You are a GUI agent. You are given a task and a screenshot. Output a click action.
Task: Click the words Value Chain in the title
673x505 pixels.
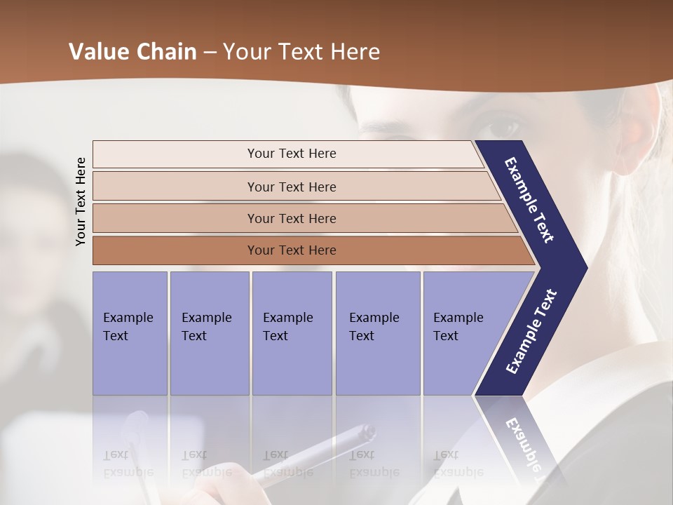pyautogui.click(x=132, y=52)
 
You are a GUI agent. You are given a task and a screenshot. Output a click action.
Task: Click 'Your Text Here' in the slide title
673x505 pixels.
pyautogui.click(x=301, y=52)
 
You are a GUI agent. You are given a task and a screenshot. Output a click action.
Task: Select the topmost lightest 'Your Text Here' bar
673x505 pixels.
pyautogui.click(x=292, y=154)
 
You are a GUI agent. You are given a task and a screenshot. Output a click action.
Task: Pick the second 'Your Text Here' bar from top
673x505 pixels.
pyautogui.click(x=292, y=187)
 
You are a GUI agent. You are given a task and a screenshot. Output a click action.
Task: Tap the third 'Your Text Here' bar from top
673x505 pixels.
pyautogui.click(x=292, y=218)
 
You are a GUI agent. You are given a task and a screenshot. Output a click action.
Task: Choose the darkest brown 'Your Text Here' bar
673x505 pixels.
pyautogui.click(x=292, y=250)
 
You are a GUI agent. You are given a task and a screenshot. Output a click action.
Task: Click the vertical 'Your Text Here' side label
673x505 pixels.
pyautogui.click(x=81, y=201)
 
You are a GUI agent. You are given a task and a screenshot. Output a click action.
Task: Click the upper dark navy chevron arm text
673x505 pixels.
pyautogui.click(x=529, y=200)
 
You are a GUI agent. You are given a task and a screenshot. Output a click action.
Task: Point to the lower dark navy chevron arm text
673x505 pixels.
pyautogui.click(x=531, y=331)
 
